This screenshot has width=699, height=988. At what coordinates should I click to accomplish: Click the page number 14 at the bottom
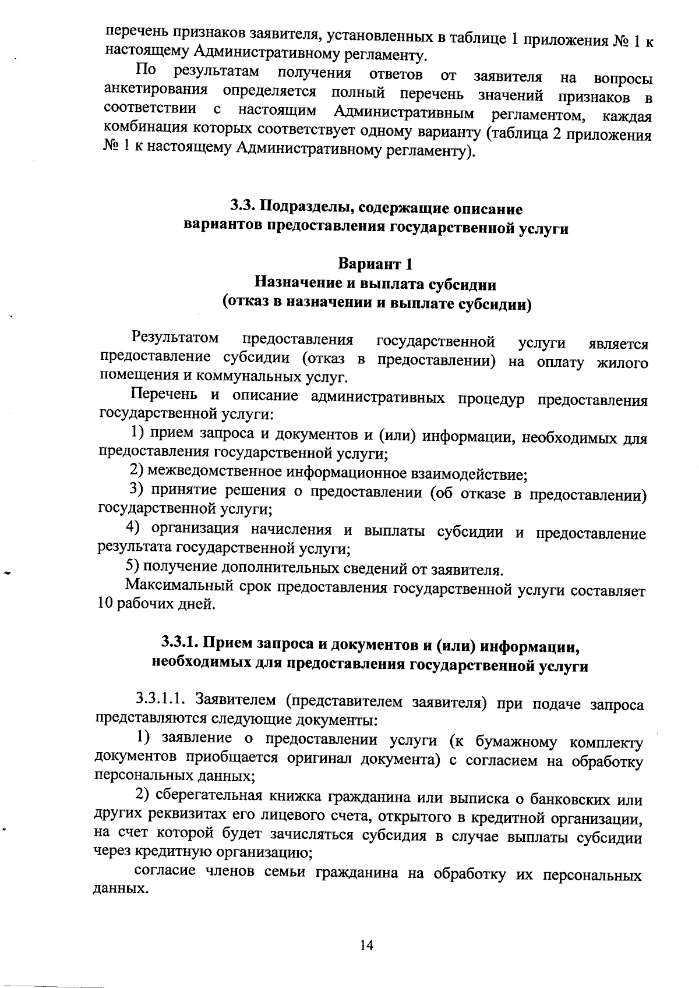(366, 945)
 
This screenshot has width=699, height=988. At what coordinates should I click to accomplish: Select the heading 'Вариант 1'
(376, 264)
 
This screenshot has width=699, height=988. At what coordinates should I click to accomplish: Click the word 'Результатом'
(175, 338)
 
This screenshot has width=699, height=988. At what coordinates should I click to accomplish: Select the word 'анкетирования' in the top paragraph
(156, 91)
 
